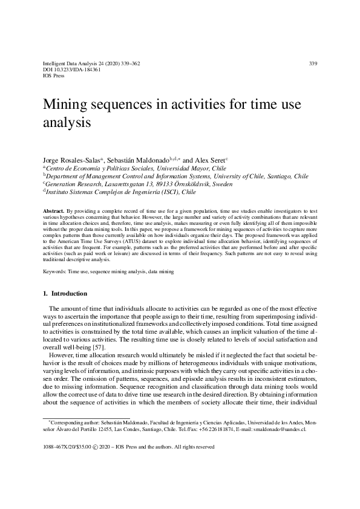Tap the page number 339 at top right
click(x=313, y=63)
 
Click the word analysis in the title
click(x=67, y=123)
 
